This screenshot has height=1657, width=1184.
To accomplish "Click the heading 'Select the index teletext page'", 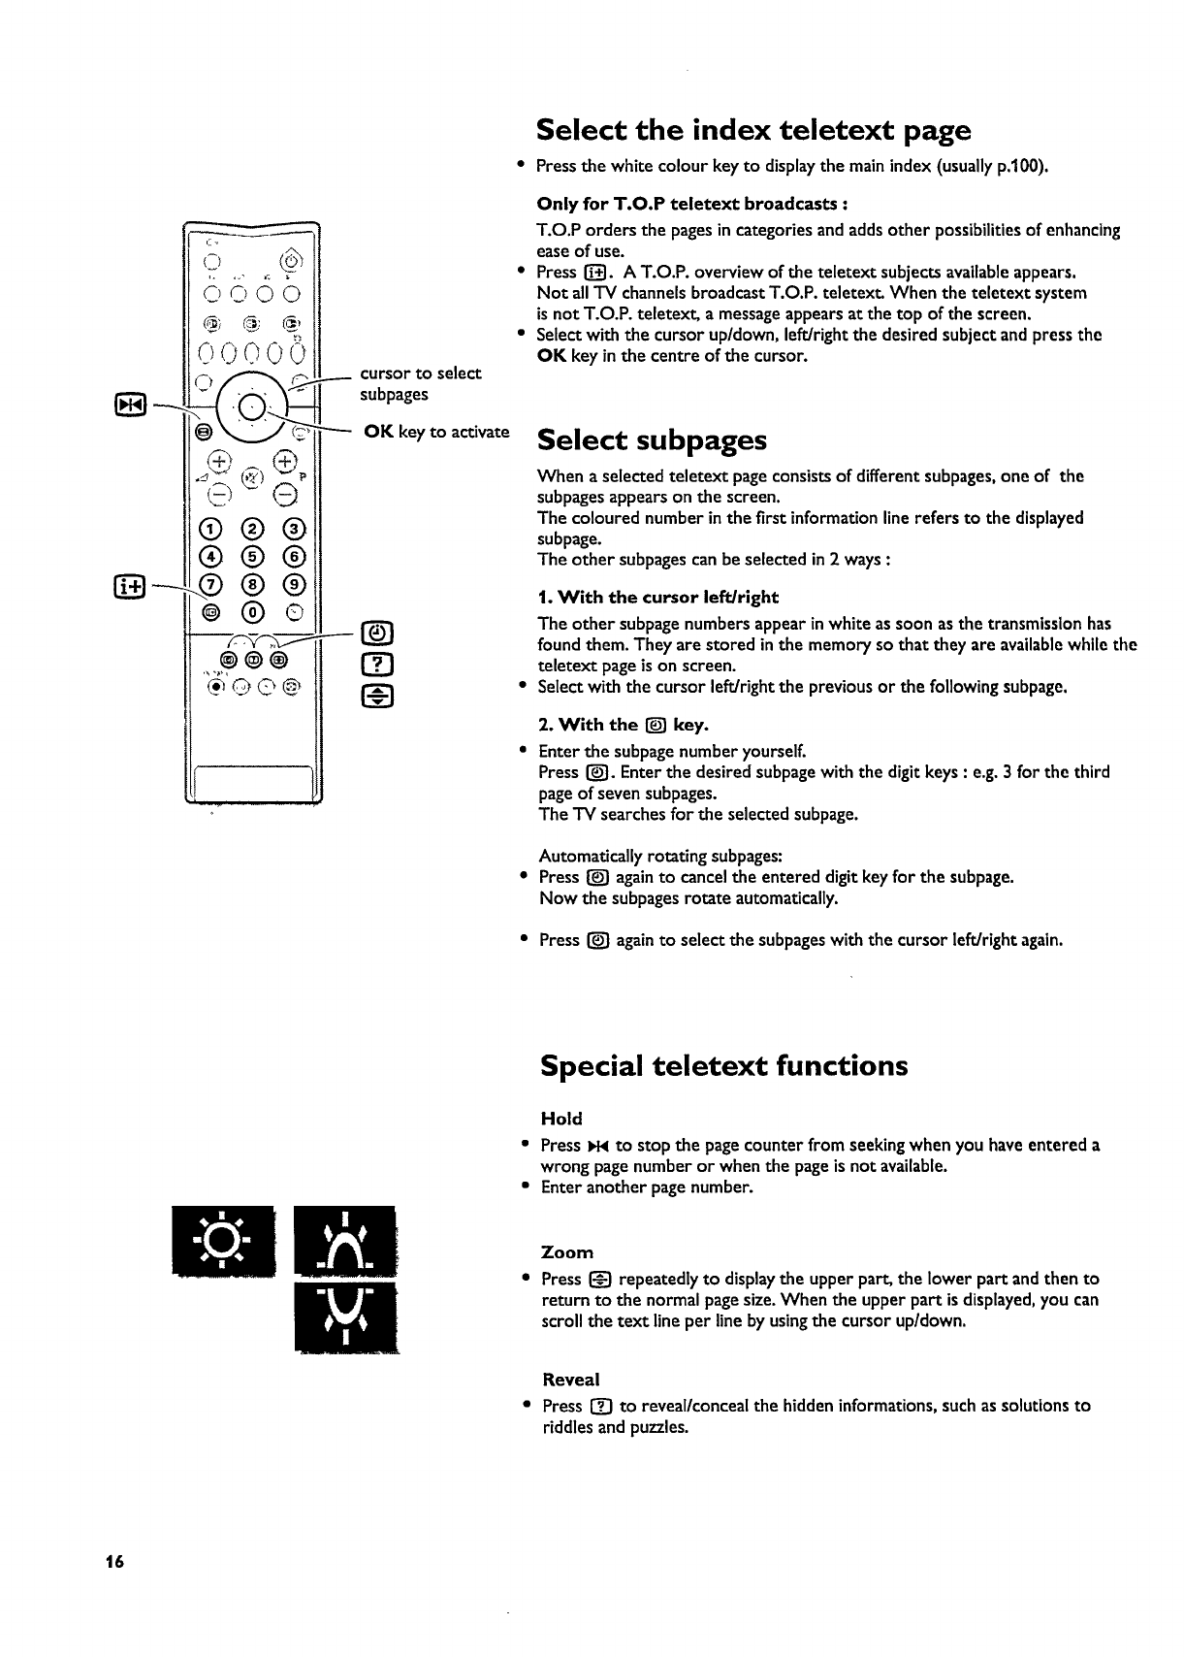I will point(752,130).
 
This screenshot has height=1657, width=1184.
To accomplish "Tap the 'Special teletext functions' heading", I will point(723,1066).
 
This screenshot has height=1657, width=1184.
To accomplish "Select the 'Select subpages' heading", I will point(651,440).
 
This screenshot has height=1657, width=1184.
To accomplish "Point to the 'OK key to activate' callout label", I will point(435,433).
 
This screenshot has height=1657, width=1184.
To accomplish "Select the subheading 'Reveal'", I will point(571,1380).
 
